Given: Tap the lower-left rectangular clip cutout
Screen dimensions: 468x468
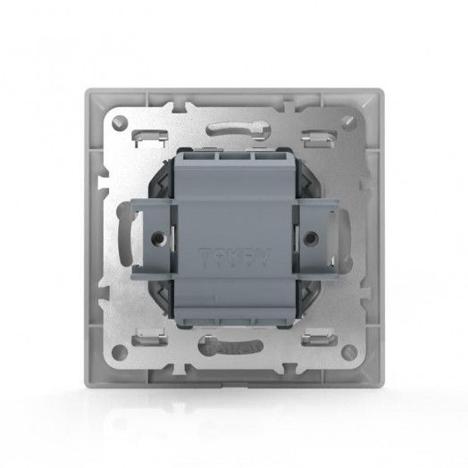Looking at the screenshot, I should point(150,338).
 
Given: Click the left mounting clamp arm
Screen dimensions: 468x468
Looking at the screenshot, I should point(143,237).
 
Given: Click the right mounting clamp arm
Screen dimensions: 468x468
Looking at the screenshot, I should point(325,237).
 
